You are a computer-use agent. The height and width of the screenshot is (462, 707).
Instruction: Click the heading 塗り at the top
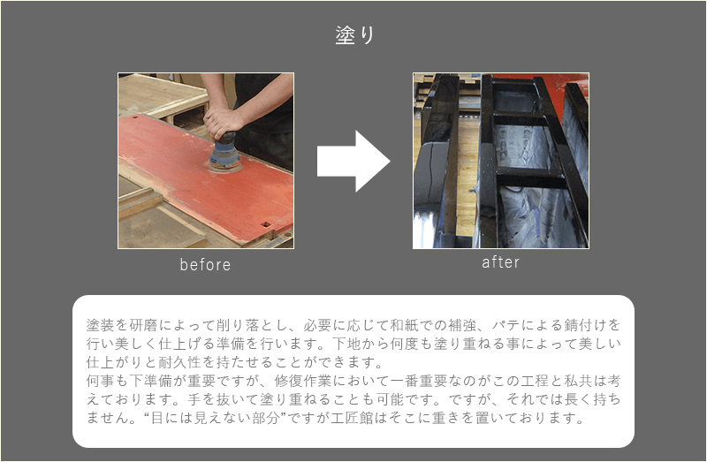coord(355,34)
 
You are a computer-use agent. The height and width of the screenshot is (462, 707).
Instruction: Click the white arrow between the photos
coord(353,162)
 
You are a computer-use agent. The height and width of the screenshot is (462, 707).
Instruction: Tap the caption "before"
coord(205,265)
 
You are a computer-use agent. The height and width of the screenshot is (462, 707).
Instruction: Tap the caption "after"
coord(500,262)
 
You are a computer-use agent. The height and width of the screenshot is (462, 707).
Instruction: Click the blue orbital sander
coord(224,152)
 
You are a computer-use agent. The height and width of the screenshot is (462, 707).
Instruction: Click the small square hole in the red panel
coord(266,224)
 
